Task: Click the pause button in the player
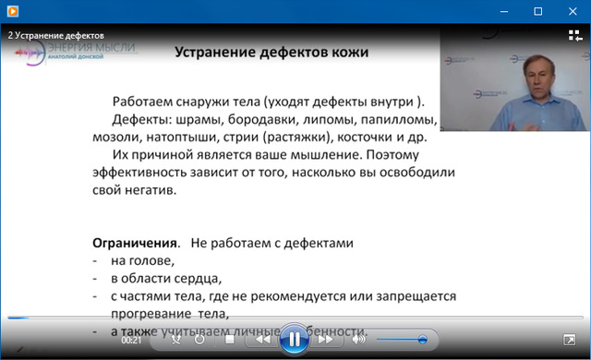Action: pos(293,339)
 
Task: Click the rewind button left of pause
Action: pos(262,340)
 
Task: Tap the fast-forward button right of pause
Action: pos(324,340)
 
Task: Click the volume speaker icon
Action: pos(359,340)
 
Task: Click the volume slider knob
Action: pos(422,340)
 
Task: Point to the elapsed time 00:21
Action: pos(131,340)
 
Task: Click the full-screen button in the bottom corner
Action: pos(569,340)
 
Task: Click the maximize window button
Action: pos(537,11)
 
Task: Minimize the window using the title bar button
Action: pos(502,11)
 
